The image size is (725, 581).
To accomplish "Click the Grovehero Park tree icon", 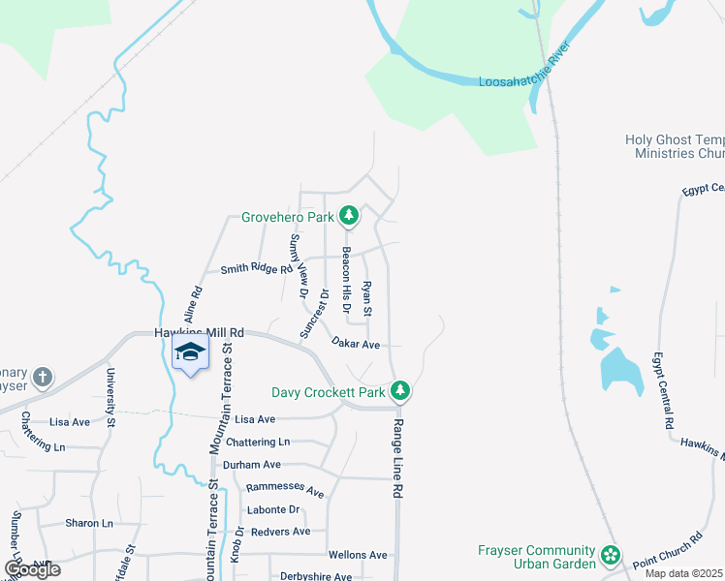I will [x=348, y=215].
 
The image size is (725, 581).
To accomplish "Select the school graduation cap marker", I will [x=190, y=353].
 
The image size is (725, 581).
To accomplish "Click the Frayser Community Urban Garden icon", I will [x=610, y=556].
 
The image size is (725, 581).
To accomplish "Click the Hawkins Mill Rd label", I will [x=198, y=332].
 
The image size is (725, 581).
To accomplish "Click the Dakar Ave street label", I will [x=355, y=344].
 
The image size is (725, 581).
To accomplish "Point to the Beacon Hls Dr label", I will [x=346, y=281].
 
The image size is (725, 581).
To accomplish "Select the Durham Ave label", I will [x=251, y=465].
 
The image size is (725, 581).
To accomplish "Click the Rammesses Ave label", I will [x=285, y=490].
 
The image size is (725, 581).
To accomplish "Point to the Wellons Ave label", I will [x=358, y=555].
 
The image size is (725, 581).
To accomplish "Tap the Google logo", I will [x=32, y=569].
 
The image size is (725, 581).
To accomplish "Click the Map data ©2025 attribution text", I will [x=684, y=573].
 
